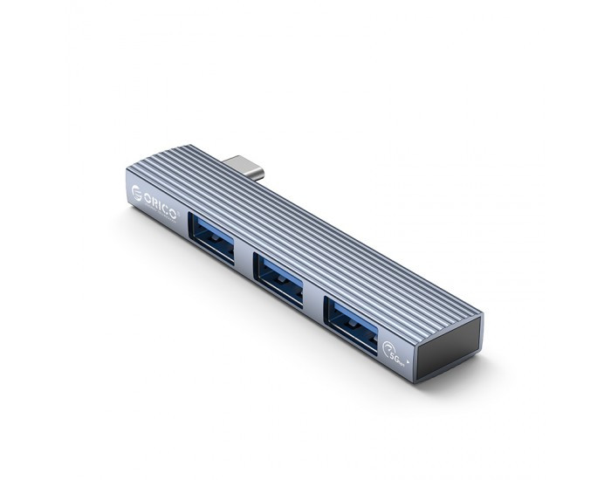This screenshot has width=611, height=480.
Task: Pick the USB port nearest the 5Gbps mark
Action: pyautogui.click(x=352, y=321)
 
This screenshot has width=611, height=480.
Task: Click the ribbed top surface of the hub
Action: pyautogui.click(x=332, y=236)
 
